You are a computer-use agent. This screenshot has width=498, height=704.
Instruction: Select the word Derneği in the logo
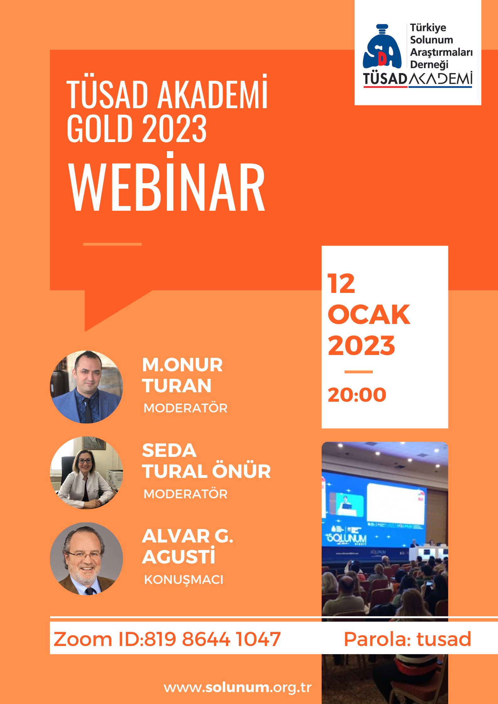point(429,64)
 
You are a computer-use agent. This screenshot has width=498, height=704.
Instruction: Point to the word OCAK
point(369,315)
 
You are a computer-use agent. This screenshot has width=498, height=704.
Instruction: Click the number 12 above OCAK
point(341,283)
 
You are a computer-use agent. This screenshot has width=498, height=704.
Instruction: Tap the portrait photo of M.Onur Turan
point(86,387)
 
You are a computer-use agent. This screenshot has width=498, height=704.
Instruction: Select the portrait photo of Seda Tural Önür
point(86,473)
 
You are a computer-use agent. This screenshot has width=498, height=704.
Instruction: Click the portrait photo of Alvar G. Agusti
point(86,558)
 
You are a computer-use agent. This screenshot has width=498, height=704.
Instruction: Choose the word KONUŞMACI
point(184,580)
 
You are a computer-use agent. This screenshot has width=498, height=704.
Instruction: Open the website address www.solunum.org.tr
point(238,687)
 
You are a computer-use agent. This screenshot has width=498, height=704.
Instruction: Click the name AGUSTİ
point(179,556)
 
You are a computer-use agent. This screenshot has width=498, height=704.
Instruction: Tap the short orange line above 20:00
point(358,372)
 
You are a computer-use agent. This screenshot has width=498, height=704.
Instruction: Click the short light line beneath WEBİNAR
point(112,244)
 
